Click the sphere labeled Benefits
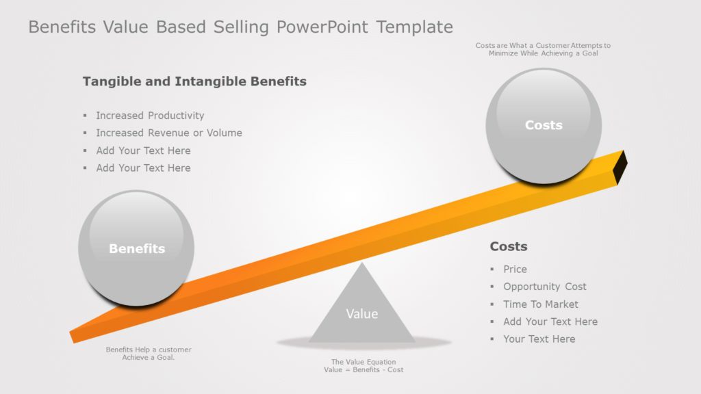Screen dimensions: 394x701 click(x=136, y=248)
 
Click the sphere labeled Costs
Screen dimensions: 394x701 click(x=544, y=125)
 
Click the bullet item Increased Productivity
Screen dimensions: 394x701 click(x=150, y=116)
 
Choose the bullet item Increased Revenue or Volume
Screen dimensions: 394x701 click(x=168, y=133)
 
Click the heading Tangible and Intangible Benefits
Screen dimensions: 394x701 click(x=194, y=81)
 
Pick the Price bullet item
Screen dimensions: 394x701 click(x=515, y=270)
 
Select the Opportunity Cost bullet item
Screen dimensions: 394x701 click(x=544, y=287)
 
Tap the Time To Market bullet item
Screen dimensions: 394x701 click(x=540, y=304)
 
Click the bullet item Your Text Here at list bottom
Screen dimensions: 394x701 click(x=539, y=339)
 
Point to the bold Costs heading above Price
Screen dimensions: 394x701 click(x=509, y=246)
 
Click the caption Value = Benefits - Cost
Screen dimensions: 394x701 click(x=364, y=370)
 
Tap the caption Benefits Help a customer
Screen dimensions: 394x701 click(x=149, y=350)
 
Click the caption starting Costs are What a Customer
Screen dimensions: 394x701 click(x=543, y=46)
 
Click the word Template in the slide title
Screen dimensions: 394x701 click(x=415, y=27)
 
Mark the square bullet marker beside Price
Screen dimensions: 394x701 click(x=492, y=270)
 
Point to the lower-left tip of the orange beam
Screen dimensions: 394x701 click(x=73, y=337)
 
